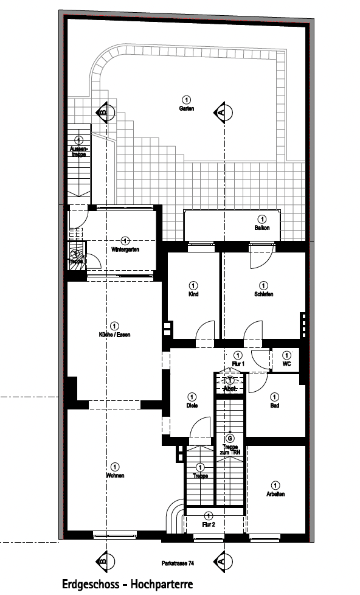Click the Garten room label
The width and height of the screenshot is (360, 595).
[186, 108]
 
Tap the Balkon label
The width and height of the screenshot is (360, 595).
[262, 228]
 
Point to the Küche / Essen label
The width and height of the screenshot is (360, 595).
[115, 335]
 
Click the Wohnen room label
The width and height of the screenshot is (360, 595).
[115, 475]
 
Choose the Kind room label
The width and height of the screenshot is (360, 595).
[193, 294]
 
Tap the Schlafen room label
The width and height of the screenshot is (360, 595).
[263, 294]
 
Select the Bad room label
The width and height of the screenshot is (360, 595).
[274, 405]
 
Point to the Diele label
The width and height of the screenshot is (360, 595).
[192, 405]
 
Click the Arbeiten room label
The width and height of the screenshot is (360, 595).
[275, 493]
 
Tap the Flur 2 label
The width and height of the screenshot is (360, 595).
[209, 524]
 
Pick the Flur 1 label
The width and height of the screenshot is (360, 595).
[238, 363]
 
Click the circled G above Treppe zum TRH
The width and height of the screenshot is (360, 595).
[230, 437]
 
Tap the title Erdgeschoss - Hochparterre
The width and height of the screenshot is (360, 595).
[127, 584]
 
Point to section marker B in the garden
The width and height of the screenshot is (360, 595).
[103, 112]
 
